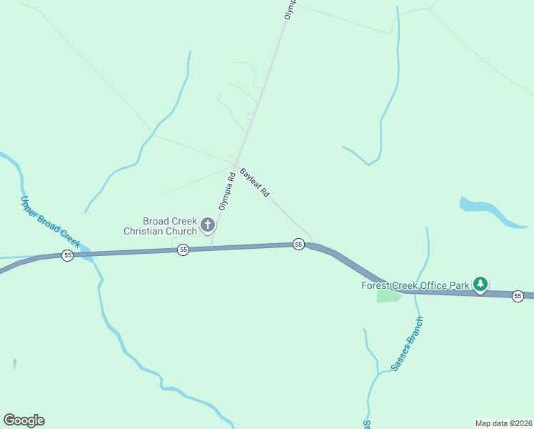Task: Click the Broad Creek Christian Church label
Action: click(160, 226)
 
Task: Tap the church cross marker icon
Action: click(208, 226)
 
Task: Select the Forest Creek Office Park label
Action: click(415, 286)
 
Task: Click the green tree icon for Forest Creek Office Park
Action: click(481, 285)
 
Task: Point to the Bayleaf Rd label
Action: click(255, 182)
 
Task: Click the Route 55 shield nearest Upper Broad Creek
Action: click(67, 255)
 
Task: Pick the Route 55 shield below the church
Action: click(183, 250)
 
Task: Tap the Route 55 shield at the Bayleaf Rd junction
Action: click(298, 245)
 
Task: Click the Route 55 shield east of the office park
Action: click(518, 296)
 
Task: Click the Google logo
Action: click(24, 420)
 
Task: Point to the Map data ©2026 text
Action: click(503, 423)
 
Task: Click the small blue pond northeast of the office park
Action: click(485, 211)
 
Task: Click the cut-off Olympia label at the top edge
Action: click(289, 9)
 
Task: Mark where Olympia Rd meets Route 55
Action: click(211, 248)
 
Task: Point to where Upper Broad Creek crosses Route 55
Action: click(87, 253)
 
